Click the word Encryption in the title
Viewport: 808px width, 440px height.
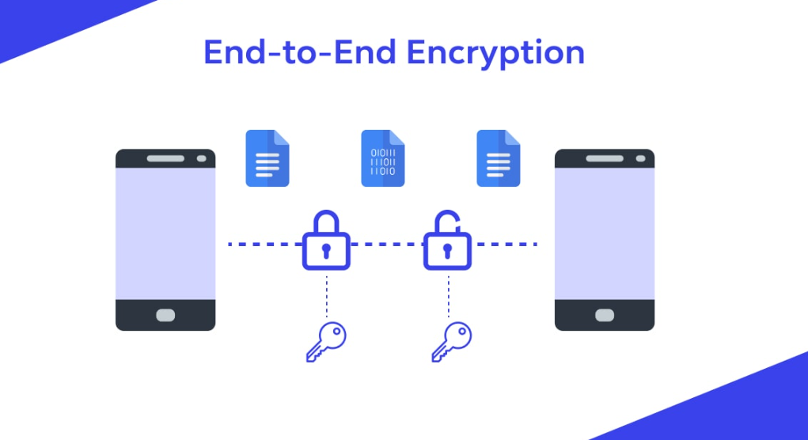495,54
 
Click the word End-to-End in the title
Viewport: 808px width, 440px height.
300,52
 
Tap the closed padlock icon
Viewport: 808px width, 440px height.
326,242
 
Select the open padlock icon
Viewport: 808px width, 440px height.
447,242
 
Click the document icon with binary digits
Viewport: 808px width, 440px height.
383,158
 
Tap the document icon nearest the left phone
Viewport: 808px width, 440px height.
267,158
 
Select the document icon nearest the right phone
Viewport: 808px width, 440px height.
499,158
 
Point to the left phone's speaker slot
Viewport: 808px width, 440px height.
165,158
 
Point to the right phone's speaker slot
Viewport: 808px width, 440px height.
604,158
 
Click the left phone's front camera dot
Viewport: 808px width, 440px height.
202,158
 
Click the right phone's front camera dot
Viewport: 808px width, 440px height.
640,158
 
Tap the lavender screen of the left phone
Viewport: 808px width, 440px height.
165,233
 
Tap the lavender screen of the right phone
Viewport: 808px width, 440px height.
604,233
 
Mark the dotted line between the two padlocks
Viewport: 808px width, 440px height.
387,244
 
